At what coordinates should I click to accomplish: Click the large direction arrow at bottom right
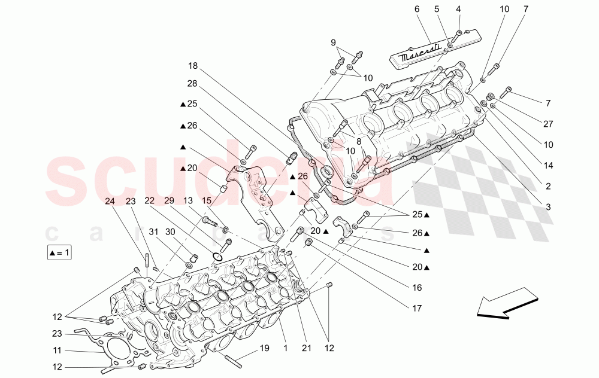[x=507, y=303]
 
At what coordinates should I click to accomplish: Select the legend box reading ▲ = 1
[x=59, y=253]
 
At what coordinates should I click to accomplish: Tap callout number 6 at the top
[x=416, y=9]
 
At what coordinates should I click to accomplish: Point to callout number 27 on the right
[x=547, y=124]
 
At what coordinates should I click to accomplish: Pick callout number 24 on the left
[x=110, y=201]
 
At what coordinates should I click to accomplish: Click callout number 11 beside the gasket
[x=57, y=351]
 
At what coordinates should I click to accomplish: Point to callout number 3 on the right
[x=547, y=206]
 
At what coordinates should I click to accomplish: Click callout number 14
[x=547, y=165]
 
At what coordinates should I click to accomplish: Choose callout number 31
[x=153, y=231]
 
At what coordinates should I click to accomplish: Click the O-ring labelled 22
[x=218, y=258]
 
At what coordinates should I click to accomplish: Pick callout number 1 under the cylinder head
[x=286, y=347]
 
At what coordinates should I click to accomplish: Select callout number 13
[x=188, y=201]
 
